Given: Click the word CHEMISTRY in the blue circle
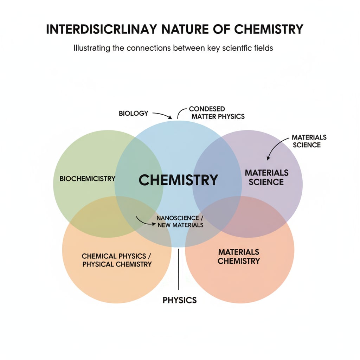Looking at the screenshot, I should (178, 180).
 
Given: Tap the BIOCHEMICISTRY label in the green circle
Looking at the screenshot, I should (87, 179).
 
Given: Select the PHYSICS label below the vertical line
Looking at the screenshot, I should (179, 300).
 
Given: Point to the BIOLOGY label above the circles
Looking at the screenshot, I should (133, 114).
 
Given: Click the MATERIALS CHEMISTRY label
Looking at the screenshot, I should (239, 257).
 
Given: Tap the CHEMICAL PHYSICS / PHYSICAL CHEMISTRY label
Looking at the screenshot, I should (117, 260).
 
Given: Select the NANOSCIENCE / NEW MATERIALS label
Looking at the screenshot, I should (180, 221).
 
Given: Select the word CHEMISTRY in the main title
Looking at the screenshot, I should (269, 29).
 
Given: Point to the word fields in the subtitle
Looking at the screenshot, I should (263, 48).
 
